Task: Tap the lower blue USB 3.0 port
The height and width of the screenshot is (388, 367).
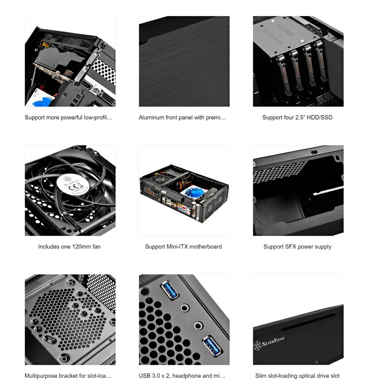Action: coord(212,344)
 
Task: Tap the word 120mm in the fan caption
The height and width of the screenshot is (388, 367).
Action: coord(82,247)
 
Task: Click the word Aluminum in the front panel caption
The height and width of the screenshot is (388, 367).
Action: coord(151,117)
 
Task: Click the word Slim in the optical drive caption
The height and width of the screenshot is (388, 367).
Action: coord(261,376)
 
